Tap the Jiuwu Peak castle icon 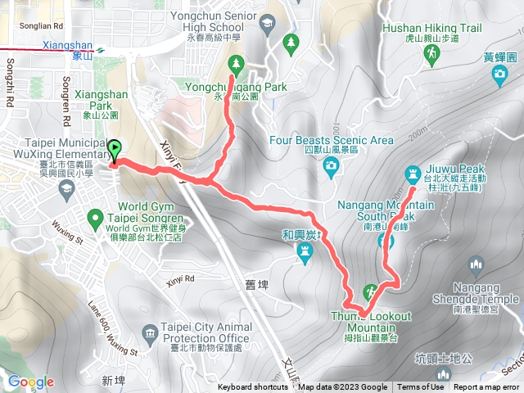[411, 172]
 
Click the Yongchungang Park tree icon [236, 62]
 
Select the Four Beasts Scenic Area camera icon [331, 169]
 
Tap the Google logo [31, 382]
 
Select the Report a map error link [488, 387]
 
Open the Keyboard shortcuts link [252, 387]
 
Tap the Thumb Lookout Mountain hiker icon [371, 291]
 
